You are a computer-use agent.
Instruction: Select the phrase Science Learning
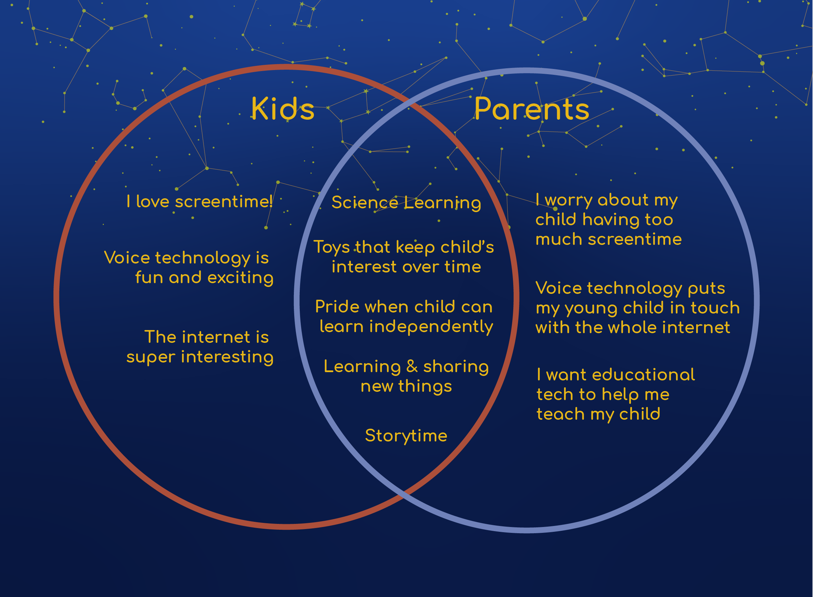(x=406, y=203)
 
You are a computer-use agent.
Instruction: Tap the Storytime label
(x=406, y=436)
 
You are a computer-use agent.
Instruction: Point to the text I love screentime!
(x=199, y=201)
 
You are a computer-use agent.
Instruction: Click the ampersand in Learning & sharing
(x=412, y=366)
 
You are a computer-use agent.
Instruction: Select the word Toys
(x=331, y=248)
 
